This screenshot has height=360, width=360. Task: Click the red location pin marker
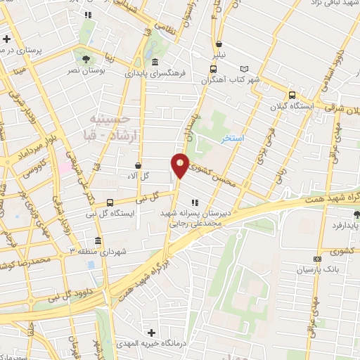tap(181, 165)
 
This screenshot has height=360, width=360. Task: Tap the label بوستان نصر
tap(86, 71)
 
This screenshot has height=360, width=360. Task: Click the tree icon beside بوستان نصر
tap(86, 58)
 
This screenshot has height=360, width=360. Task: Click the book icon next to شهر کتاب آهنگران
tap(245, 69)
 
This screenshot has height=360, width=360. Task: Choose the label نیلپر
tap(221, 53)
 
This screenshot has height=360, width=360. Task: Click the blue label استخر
tap(232, 138)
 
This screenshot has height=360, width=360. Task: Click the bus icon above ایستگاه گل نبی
tap(108, 201)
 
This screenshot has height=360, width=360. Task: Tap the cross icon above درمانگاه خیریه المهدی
tap(150, 332)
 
